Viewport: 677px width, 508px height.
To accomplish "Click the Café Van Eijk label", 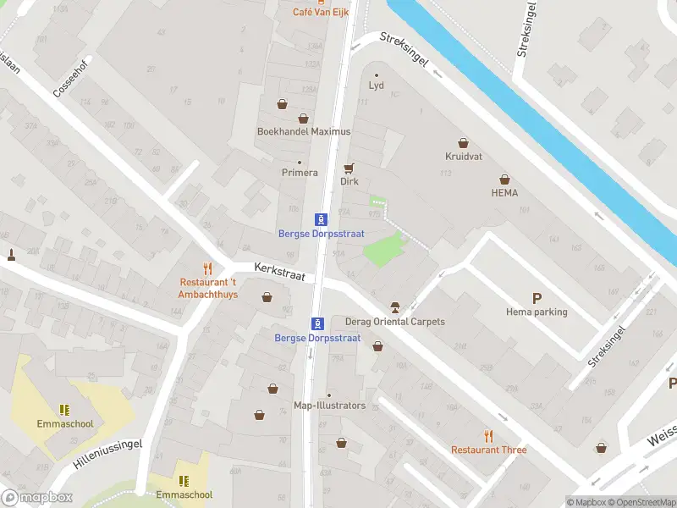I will click(x=321, y=12).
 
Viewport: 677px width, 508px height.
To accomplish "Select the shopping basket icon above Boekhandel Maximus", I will click(x=282, y=104).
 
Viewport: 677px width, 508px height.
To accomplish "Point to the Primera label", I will click(x=300, y=173).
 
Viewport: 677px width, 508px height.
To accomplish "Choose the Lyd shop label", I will click(x=377, y=86).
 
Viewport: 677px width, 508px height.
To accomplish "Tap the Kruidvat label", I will click(x=463, y=157).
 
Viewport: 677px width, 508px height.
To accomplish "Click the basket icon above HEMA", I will click(x=504, y=179).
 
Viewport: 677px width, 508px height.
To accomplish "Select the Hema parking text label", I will click(x=537, y=312).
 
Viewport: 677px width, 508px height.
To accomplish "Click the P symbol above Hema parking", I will click(x=537, y=297).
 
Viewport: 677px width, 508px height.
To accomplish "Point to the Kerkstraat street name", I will click(x=279, y=272).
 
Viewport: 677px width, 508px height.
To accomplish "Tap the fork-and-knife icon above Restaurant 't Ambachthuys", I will click(x=207, y=268).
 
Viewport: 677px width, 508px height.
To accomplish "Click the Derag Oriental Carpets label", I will click(x=395, y=322).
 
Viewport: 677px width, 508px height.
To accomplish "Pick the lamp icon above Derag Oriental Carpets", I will click(x=394, y=306).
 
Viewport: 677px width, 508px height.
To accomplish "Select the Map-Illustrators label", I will click(x=329, y=406).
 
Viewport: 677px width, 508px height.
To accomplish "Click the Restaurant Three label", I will click(x=488, y=450).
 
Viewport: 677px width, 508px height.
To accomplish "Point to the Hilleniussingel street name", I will click(x=107, y=456).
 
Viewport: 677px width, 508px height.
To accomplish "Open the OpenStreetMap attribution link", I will click(x=641, y=502).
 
